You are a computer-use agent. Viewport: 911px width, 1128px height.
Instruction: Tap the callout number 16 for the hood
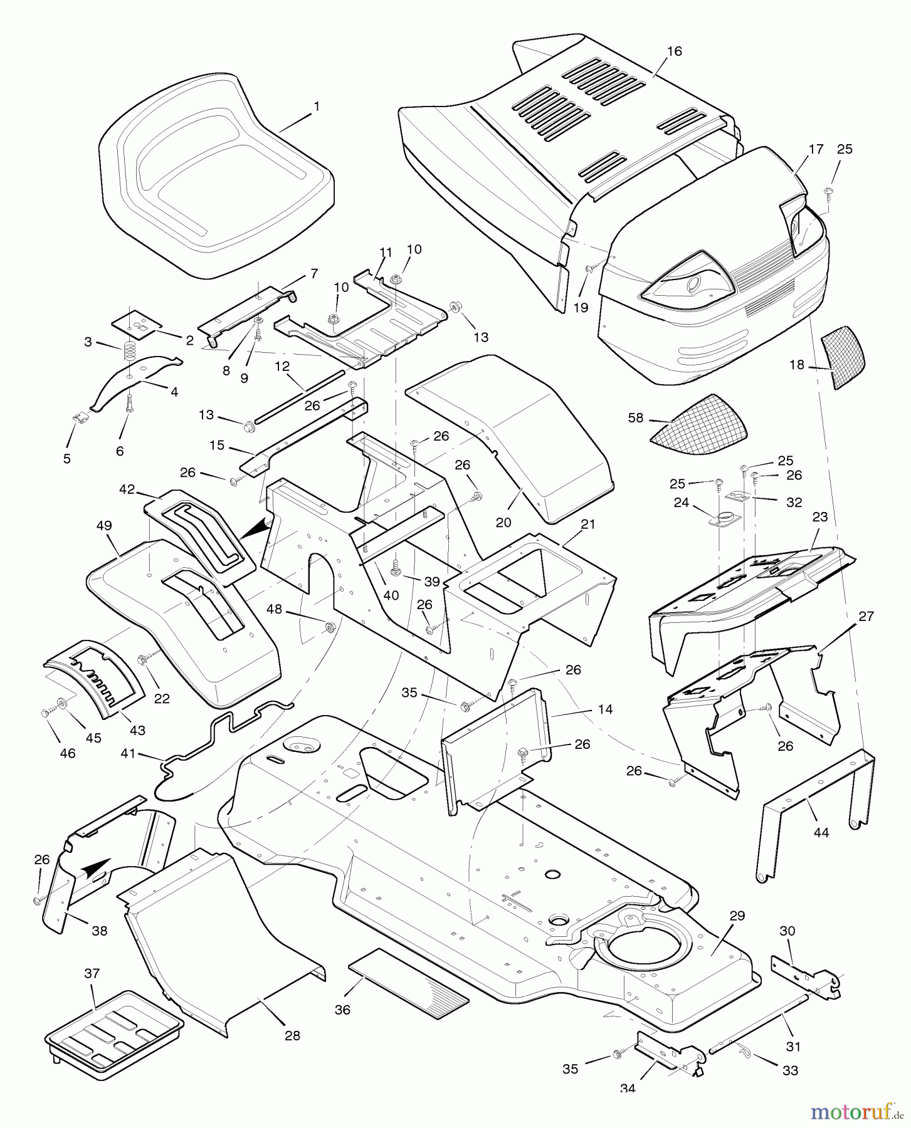coord(674,51)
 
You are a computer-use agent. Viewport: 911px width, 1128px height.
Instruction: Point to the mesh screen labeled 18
coord(843,357)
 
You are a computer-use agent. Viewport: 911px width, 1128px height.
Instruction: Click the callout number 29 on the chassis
coord(737,916)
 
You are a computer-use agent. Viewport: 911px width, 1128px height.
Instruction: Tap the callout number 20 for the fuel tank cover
coord(503,522)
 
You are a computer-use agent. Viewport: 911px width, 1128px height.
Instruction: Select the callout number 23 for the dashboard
coord(819,517)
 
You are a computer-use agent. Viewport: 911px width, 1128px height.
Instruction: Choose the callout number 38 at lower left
coord(99,931)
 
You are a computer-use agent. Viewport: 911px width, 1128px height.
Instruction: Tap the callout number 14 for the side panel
coord(605,709)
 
